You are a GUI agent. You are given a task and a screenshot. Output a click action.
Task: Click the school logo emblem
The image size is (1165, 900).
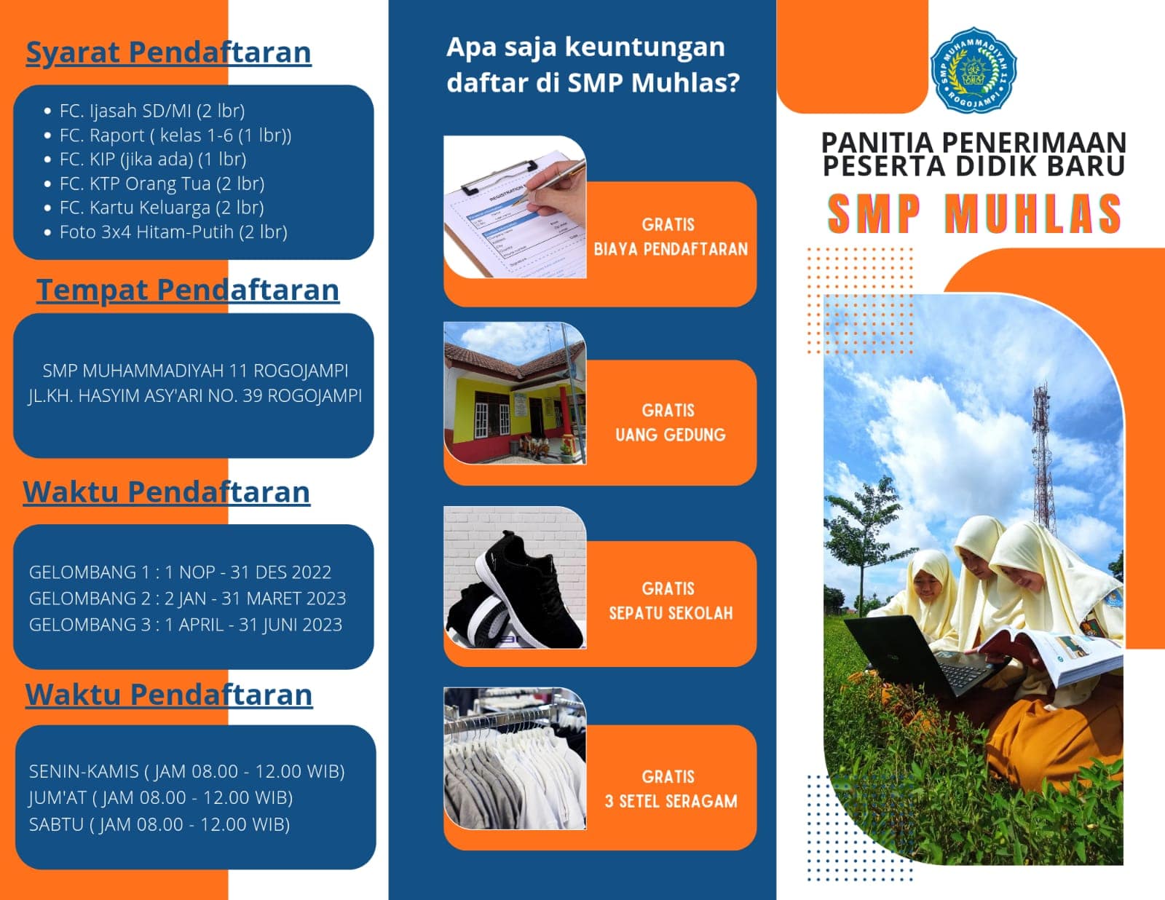[x=973, y=70]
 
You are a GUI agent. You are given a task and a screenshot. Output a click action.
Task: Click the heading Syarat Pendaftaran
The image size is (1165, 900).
[x=168, y=52]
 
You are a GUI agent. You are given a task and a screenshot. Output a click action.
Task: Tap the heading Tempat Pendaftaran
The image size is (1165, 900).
[x=188, y=290]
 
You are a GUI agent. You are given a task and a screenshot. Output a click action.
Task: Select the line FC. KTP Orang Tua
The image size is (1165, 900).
[x=162, y=183]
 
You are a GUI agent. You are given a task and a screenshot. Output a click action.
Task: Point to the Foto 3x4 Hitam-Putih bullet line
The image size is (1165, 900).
[x=173, y=232]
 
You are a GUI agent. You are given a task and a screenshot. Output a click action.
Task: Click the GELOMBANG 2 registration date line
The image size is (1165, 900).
[x=188, y=599]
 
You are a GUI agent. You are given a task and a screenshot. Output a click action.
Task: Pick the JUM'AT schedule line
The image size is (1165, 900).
[x=161, y=797]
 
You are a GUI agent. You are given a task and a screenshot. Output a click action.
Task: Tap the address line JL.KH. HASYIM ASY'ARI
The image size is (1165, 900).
[x=195, y=395]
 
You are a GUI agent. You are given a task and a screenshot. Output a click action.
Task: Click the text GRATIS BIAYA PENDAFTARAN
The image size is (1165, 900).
[x=670, y=237]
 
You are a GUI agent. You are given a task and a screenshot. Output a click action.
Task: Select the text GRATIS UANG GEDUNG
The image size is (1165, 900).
[x=670, y=422]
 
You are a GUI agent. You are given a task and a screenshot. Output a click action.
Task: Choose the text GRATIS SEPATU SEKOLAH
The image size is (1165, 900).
[x=670, y=601]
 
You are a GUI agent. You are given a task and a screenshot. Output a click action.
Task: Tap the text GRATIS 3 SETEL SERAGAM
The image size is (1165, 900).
[x=671, y=789]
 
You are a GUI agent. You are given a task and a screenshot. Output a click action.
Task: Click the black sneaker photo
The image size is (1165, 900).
[x=515, y=577]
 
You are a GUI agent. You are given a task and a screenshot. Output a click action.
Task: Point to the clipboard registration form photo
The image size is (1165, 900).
[x=515, y=207]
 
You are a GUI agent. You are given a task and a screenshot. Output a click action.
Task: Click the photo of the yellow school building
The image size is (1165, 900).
[x=515, y=393]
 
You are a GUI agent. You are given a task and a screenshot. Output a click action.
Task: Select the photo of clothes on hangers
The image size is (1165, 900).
[x=515, y=759]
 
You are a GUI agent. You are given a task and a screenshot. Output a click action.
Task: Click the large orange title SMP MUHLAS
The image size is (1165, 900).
[x=974, y=214]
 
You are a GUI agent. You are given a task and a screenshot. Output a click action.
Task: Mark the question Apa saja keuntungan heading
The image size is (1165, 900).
[x=593, y=64]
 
